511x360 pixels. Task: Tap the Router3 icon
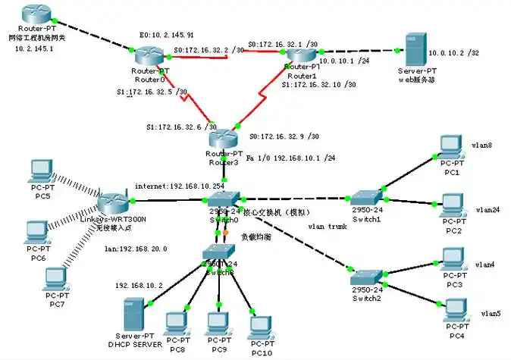224,139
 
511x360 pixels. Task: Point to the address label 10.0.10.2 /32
454,53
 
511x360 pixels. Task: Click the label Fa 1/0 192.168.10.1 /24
290,158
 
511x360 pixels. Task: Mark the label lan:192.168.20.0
135,249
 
